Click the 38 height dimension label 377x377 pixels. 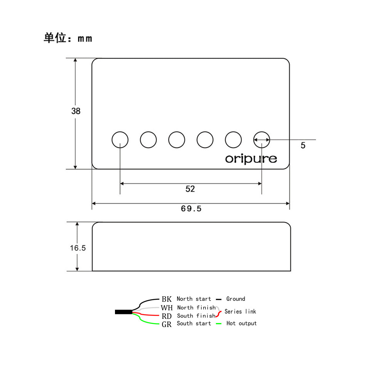[76, 111]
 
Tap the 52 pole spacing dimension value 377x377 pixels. [190, 189]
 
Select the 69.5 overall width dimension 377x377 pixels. [191, 209]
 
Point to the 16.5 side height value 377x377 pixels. [78, 248]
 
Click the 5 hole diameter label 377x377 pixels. [303, 145]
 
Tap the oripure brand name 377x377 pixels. [251, 159]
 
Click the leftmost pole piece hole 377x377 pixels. [120, 140]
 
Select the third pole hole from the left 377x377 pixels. [177, 140]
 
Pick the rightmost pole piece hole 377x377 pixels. [262, 140]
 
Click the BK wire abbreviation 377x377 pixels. [167, 299]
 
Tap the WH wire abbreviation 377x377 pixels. [167, 308]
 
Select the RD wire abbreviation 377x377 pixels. [167, 316]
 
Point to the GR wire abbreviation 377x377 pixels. [167, 325]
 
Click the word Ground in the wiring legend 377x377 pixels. [236, 299]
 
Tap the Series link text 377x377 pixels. [240, 312]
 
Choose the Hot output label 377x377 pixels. [241, 323]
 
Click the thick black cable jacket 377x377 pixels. [123, 312]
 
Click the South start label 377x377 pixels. [194, 323]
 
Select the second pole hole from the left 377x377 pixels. [148, 140]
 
